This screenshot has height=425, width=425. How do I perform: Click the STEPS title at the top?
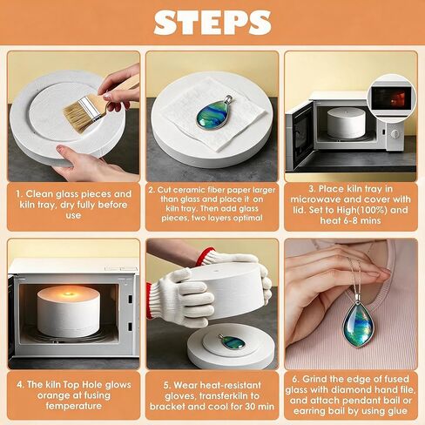pos(212,23)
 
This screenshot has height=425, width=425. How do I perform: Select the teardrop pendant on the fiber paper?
pos(213,112)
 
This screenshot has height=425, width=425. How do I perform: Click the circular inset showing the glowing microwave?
pos(392,97)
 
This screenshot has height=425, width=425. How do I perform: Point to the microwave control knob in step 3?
pos(395,133)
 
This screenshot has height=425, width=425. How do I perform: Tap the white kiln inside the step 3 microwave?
pos(346,123)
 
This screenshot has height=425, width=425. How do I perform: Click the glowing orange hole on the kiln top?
pos(69,294)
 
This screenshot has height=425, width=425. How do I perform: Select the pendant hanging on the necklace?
pos(357,325)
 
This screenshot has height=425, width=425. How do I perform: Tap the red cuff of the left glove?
pos(149,300)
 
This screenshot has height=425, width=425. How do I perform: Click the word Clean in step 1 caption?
pos(38,193)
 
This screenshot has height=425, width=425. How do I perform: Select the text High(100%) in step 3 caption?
pos(362,210)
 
